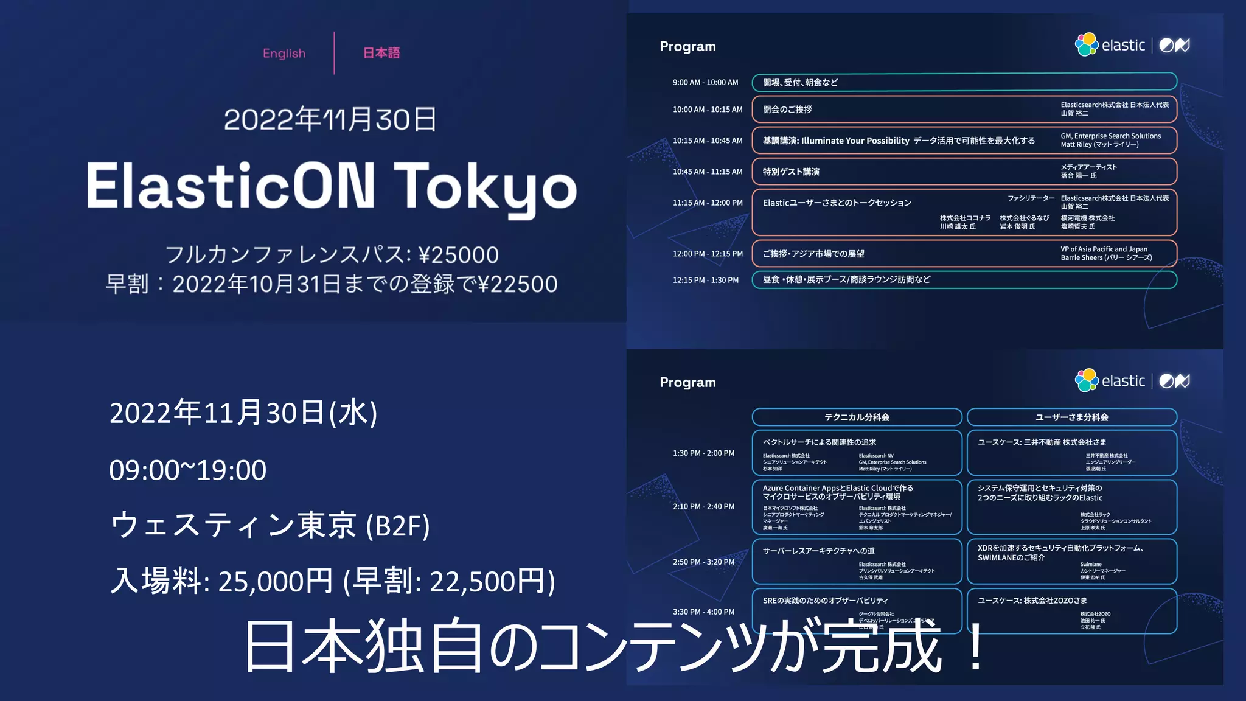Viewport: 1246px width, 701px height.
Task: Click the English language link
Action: pos(284,54)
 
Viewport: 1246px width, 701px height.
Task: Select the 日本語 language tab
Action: pos(381,54)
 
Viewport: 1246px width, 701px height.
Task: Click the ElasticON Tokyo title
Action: pos(332,186)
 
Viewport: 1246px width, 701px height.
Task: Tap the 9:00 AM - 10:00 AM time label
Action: pos(705,83)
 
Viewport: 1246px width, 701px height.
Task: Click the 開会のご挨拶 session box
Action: pos(964,110)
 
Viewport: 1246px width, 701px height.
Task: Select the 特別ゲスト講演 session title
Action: pos(791,172)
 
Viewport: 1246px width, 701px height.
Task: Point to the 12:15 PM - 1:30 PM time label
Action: pos(706,281)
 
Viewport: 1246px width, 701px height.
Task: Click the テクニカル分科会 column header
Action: pos(857,417)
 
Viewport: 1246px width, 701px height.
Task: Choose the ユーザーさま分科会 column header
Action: pos(1071,417)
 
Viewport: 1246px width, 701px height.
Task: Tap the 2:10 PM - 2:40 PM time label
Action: pos(703,507)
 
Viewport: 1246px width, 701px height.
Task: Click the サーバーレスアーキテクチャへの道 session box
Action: pos(857,561)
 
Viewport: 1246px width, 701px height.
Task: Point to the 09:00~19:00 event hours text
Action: pos(187,470)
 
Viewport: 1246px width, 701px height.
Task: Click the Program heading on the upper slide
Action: pos(687,47)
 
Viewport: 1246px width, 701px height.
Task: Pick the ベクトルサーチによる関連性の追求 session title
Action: pos(820,442)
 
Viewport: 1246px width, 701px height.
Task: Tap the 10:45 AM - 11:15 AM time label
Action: pos(708,172)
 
